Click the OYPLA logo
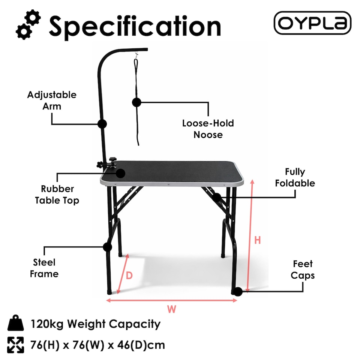312,23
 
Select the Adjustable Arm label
52,100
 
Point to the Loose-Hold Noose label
208,129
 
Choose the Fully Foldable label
295,177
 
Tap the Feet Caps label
303,270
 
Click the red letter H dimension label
257,240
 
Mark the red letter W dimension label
171,309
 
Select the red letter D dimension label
129,276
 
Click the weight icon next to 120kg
15,324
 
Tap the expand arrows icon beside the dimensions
15,345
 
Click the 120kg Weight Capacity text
95,324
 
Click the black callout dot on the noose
136,102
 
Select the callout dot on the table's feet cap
237,291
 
